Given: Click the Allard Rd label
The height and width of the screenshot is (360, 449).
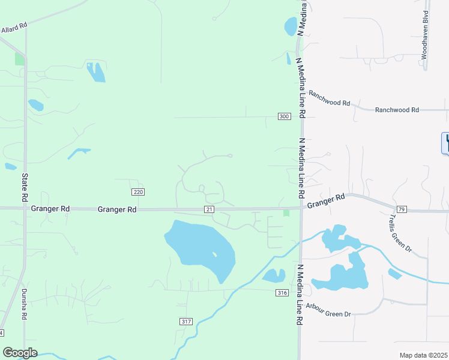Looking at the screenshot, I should (x=14, y=27).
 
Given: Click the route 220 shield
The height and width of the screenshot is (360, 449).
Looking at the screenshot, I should (x=138, y=191).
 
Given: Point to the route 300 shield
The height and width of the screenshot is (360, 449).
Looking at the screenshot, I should (x=284, y=116).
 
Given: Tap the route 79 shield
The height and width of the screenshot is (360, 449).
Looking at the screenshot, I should (x=402, y=209).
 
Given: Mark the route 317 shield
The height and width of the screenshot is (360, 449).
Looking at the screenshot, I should (x=186, y=322).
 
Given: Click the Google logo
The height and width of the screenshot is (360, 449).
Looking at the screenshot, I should (x=20, y=353).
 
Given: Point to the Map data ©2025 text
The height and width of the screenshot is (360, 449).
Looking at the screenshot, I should (x=423, y=355).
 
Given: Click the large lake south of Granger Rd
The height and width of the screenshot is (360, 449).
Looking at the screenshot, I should (x=201, y=247).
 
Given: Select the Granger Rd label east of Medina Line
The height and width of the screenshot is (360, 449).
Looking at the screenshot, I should (x=327, y=200).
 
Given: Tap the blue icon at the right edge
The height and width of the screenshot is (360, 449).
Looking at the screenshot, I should (x=445, y=142).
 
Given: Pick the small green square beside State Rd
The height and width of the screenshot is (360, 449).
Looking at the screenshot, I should (x=20, y=59).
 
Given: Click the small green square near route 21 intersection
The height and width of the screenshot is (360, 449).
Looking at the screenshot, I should (x=286, y=213).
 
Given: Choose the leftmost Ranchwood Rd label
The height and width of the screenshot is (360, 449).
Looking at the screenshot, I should (x=329, y=98).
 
